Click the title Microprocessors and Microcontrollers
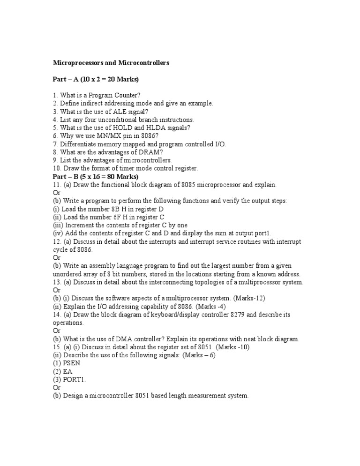(111, 62)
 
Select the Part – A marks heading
(96, 79)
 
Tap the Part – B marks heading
(95, 177)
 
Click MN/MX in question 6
(97, 136)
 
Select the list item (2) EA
(62, 371)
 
